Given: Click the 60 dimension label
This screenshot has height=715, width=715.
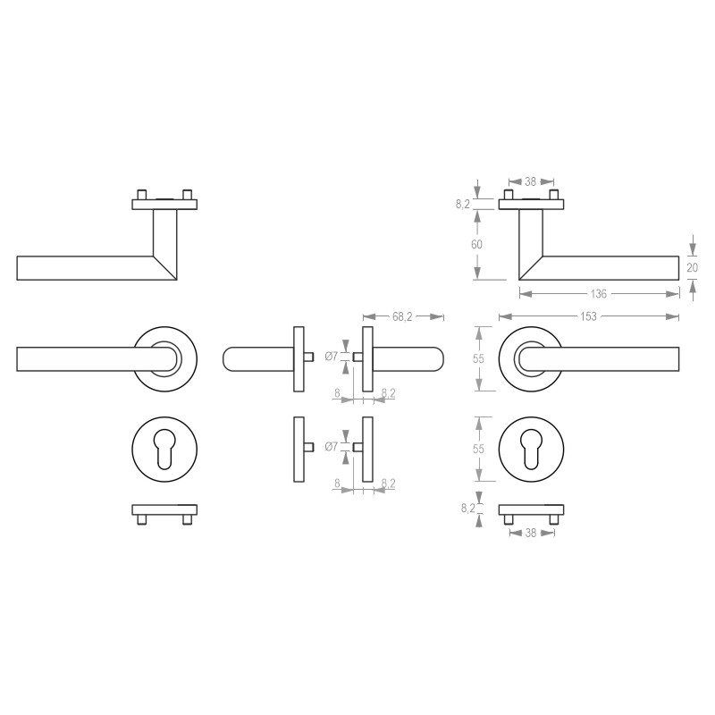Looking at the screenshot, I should point(477,245).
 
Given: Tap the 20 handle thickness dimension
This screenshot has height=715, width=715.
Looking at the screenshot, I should point(694,266).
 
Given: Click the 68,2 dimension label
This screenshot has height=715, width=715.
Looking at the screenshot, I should point(403,316).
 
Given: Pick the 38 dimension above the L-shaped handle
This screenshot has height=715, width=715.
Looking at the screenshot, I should point(530,181).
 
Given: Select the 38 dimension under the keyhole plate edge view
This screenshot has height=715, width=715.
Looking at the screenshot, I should point(531,532).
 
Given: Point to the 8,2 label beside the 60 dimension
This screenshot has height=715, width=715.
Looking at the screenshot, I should point(462,204).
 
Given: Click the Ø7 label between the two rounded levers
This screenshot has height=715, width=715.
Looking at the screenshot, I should point(331,357).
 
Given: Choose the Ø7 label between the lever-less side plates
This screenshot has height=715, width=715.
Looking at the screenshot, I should point(331,446).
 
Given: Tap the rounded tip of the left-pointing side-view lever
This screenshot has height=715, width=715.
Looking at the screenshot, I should point(227,357).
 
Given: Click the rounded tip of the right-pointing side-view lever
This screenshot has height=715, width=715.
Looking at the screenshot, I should point(437,357).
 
